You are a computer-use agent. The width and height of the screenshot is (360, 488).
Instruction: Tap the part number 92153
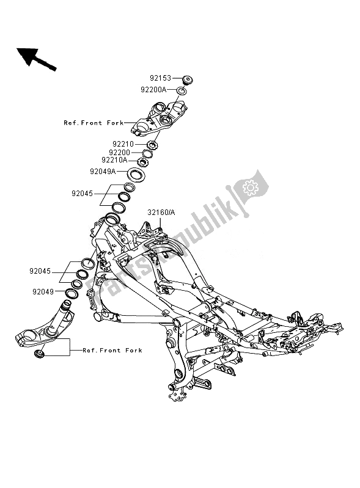[160, 78]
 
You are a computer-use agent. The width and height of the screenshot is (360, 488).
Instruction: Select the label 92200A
[153, 90]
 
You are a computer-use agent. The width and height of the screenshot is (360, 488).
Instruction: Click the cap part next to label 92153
[187, 79]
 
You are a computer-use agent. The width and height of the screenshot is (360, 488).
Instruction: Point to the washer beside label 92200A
[182, 91]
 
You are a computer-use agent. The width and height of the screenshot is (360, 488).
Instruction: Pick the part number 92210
[123, 144]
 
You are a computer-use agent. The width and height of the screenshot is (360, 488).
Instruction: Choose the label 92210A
[114, 160]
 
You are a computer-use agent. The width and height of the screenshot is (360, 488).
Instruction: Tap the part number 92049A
[103, 172]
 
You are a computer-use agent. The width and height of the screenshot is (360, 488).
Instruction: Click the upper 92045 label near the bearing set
[83, 194]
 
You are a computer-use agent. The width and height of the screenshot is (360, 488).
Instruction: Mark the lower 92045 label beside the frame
[40, 271]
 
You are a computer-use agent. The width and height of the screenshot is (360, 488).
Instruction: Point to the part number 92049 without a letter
[43, 292]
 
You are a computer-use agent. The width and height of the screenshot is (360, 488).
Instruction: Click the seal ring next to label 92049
[72, 294]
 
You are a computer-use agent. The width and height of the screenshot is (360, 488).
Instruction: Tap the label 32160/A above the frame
[161, 213]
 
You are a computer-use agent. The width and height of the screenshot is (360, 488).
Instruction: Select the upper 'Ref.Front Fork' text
[94, 123]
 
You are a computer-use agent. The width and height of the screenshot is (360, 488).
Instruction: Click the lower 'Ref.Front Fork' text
[112, 351]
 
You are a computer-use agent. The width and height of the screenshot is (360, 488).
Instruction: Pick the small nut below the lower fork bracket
[40, 353]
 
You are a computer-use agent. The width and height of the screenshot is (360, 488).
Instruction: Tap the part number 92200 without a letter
[120, 153]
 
